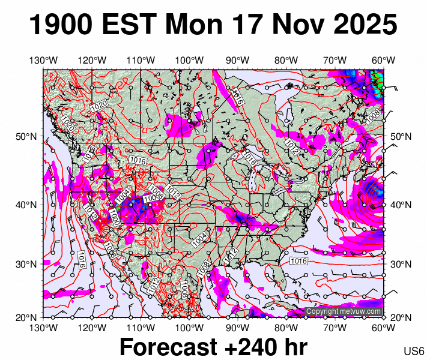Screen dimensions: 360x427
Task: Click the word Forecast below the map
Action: (168, 347)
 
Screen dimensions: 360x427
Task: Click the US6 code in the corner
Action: (414, 351)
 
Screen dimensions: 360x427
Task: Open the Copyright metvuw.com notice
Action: (344, 311)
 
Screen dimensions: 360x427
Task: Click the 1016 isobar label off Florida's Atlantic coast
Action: (298, 261)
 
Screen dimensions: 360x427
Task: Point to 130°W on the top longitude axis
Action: (43, 60)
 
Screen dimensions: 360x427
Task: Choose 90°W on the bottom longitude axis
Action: (238, 327)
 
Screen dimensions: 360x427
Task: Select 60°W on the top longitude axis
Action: (383, 60)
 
